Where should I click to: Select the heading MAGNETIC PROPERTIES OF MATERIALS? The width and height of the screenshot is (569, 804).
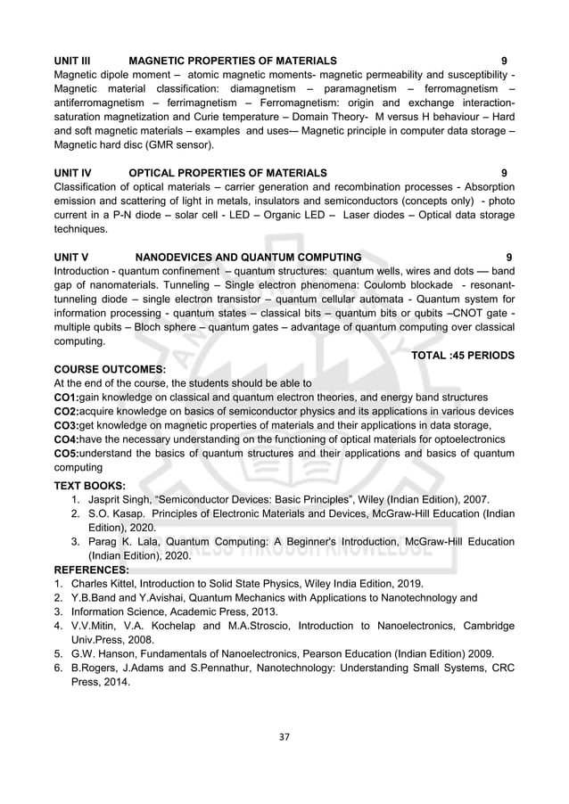click(x=233, y=60)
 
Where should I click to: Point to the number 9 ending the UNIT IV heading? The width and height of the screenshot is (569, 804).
click(x=505, y=172)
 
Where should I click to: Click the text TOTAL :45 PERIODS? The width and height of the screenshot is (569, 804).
click(x=462, y=355)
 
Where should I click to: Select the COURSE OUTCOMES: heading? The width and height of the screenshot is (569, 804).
click(x=110, y=368)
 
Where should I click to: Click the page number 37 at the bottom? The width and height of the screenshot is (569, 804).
click(x=284, y=736)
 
